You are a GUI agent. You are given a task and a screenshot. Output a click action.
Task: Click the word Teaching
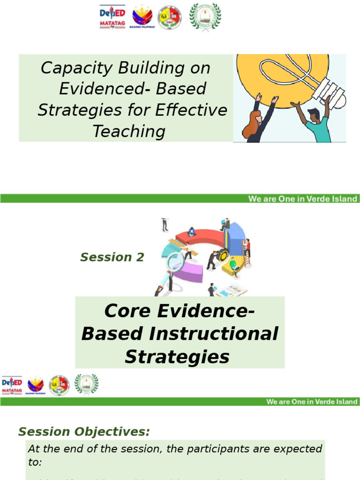coord(129,131)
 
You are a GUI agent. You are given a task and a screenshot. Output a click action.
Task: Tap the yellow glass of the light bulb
coord(277,77)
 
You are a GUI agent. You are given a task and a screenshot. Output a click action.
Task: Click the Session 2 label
coord(112,257)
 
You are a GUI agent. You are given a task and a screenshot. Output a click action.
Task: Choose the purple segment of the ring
coord(187,272)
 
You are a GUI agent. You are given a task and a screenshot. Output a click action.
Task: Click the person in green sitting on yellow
coord(233,265)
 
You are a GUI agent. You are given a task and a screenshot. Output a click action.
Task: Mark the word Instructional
coord(213,334)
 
